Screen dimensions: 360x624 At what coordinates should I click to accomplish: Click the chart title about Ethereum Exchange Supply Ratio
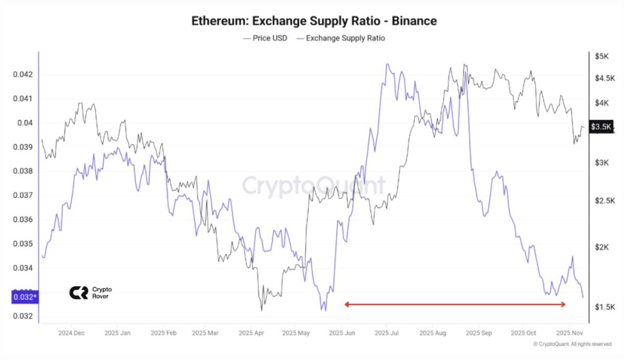coord(314,21)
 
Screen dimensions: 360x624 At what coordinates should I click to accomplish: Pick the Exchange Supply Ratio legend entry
coord(341,38)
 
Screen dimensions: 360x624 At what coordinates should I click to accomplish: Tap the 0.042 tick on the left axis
coord(23,74)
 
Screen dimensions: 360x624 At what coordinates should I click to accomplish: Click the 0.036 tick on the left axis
coord(23,219)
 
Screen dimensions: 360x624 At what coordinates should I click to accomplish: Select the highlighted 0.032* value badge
coord(24,297)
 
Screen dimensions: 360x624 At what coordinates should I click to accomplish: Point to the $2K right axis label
coord(601,247)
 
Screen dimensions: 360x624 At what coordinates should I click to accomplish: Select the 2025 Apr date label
coord(250,333)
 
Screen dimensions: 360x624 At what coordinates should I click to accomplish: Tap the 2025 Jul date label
coord(386,333)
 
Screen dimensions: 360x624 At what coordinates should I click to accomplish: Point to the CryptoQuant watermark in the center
coord(313,185)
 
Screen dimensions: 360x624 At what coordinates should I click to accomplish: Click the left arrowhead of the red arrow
coord(347,304)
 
